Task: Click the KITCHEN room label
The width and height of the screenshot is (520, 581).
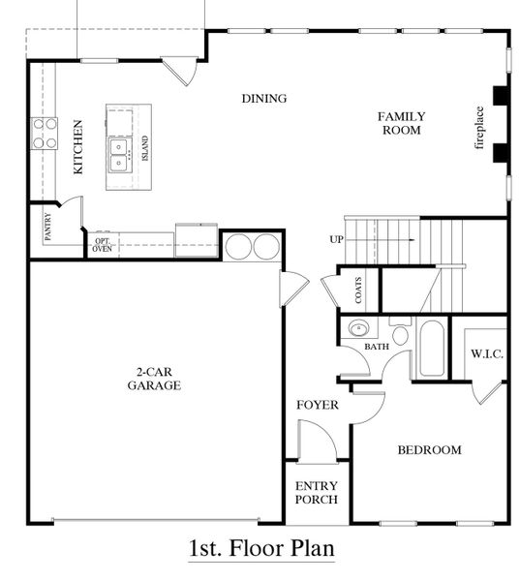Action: (x=78, y=146)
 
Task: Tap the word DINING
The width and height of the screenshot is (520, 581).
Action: (x=264, y=98)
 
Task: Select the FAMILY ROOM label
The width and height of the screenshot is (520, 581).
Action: (x=401, y=123)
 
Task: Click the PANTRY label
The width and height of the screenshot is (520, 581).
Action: (x=46, y=227)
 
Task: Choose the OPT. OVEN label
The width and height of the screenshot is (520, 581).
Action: (x=102, y=244)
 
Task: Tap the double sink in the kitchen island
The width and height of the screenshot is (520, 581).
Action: (x=121, y=152)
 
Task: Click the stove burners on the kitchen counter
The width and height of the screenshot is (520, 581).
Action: (x=45, y=133)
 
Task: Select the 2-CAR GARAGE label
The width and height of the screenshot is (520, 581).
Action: (x=155, y=379)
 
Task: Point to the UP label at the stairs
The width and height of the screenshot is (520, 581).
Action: (x=336, y=239)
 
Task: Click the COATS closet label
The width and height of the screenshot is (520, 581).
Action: (x=358, y=289)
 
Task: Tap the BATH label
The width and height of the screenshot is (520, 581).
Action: (x=377, y=346)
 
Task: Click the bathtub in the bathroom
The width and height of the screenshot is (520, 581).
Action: (x=431, y=348)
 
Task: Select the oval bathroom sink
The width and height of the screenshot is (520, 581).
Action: (x=358, y=327)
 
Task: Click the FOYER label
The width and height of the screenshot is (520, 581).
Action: (x=318, y=405)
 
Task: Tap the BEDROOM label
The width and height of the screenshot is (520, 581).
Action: (x=430, y=450)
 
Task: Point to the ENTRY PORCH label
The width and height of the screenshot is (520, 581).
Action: (x=317, y=492)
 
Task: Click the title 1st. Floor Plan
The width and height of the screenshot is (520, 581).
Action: (x=261, y=548)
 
